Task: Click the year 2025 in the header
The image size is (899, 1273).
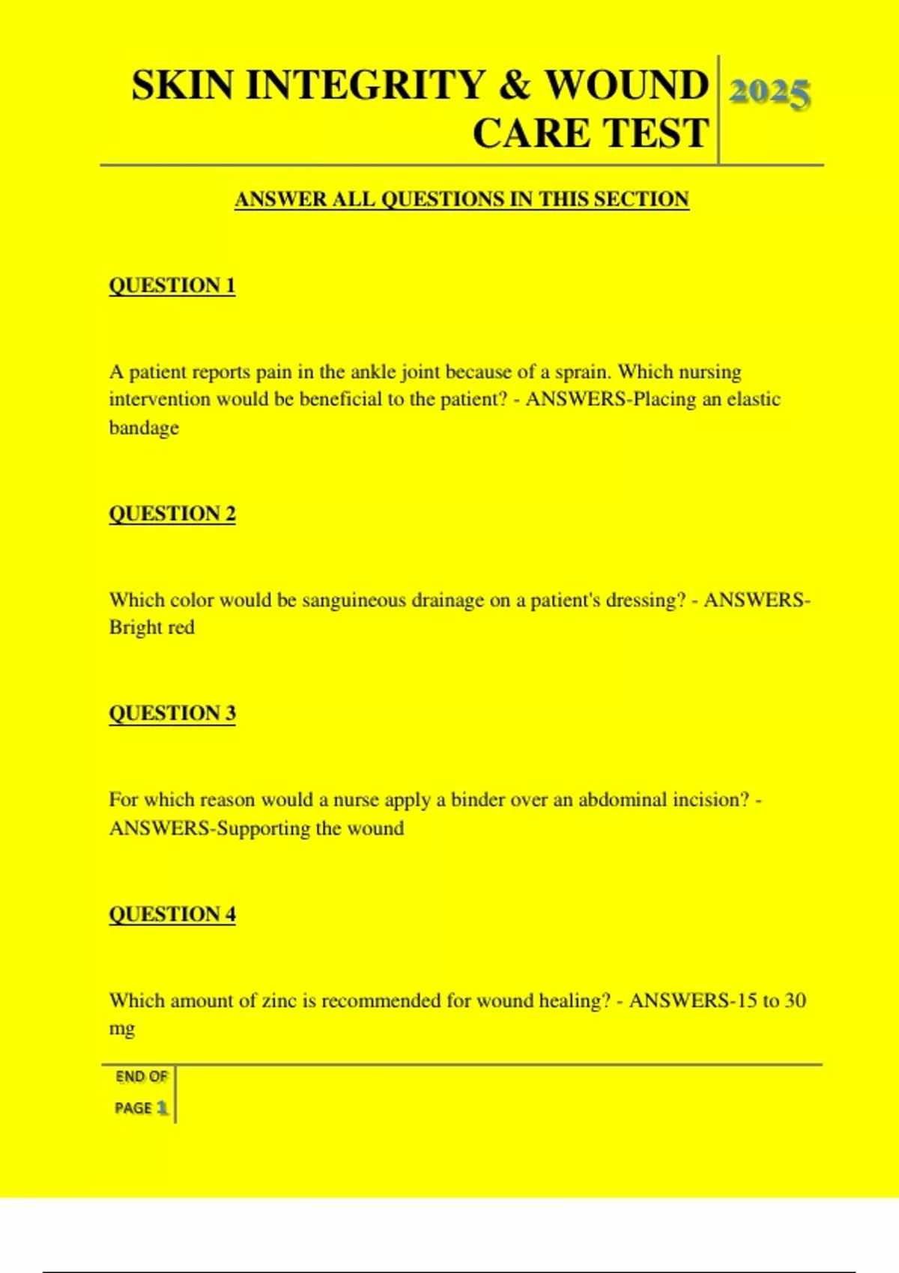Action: coord(769,94)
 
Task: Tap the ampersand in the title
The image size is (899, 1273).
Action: coord(514,85)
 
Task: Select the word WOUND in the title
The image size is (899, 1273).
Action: coord(626,85)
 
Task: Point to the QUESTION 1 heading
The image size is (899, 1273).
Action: coord(172,285)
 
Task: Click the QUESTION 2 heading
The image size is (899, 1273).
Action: coord(172,514)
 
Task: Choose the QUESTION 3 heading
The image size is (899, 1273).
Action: coord(172,713)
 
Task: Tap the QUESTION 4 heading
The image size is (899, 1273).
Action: coord(172,914)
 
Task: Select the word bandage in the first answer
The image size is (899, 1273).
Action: coord(144,428)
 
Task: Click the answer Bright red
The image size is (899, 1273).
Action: coord(151,628)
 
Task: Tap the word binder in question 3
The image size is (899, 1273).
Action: coord(477,800)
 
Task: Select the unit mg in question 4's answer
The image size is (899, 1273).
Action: coord(122,1029)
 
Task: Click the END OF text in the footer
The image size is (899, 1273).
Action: coord(142,1077)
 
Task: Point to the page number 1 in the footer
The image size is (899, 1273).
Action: coord(161,1108)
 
